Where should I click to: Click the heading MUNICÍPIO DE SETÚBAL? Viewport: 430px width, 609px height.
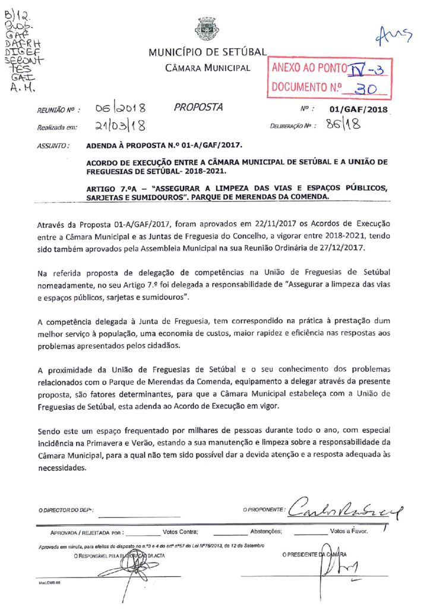[x=207, y=54]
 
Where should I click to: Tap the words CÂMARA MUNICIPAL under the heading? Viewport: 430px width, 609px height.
[x=207, y=68]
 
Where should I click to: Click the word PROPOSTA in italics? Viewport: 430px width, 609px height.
[x=198, y=108]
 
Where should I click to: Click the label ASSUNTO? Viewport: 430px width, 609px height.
[x=53, y=145]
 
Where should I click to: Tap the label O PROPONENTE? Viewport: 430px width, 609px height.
[x=264, y=510]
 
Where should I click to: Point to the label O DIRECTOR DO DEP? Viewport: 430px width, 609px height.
[x=66, y=510]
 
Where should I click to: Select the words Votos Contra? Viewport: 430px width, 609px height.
[x=180, y=532]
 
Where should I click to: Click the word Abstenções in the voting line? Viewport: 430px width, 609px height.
[x=265, y=532]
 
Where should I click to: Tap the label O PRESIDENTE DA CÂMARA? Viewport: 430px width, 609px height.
[x=315, y=555]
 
